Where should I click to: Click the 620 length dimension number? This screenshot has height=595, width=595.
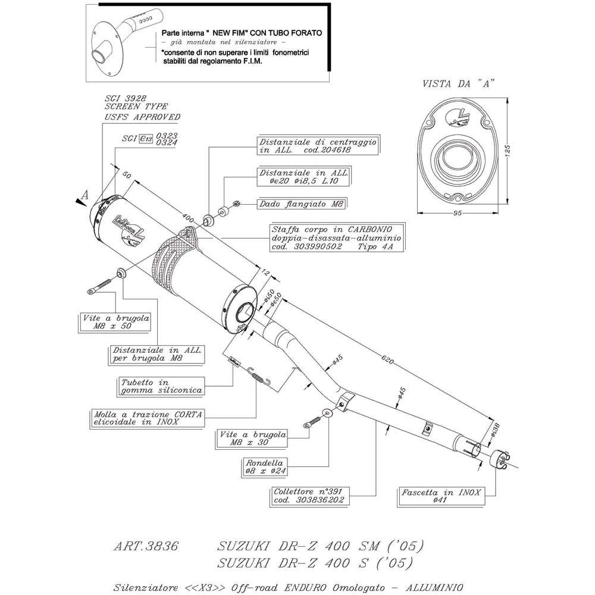[x=388, y=359]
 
